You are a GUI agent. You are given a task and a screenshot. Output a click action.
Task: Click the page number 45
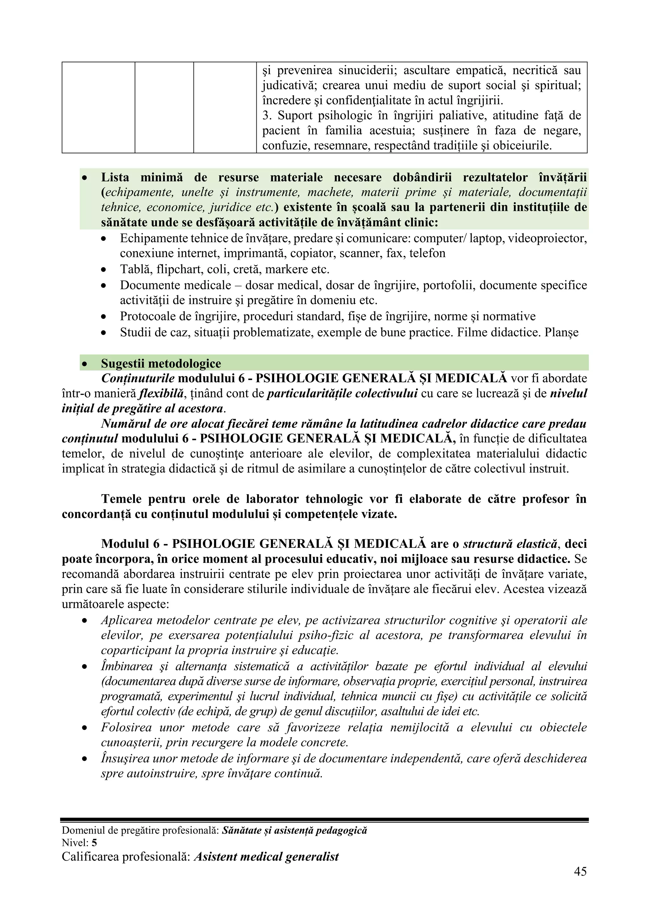click(580, 882)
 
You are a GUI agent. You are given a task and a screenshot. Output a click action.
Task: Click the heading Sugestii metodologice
click(161, 364)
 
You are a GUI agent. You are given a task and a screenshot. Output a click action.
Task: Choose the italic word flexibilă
click(161, 394)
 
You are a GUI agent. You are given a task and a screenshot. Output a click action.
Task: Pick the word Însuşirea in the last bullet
click(125, 759)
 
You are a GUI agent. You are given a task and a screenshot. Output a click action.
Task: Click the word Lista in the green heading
click(115, 177)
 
